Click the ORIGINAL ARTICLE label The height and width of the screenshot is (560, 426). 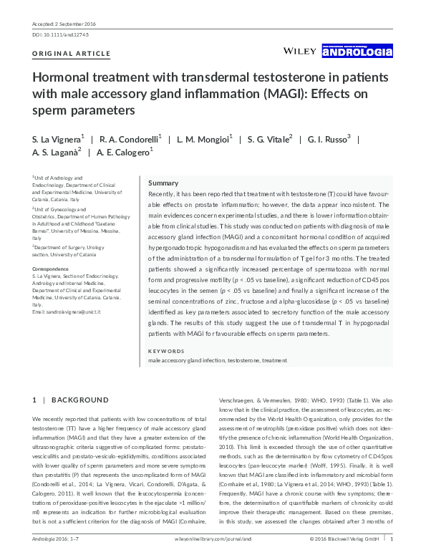point(72,54)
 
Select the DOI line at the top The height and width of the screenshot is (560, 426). point(61,34)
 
